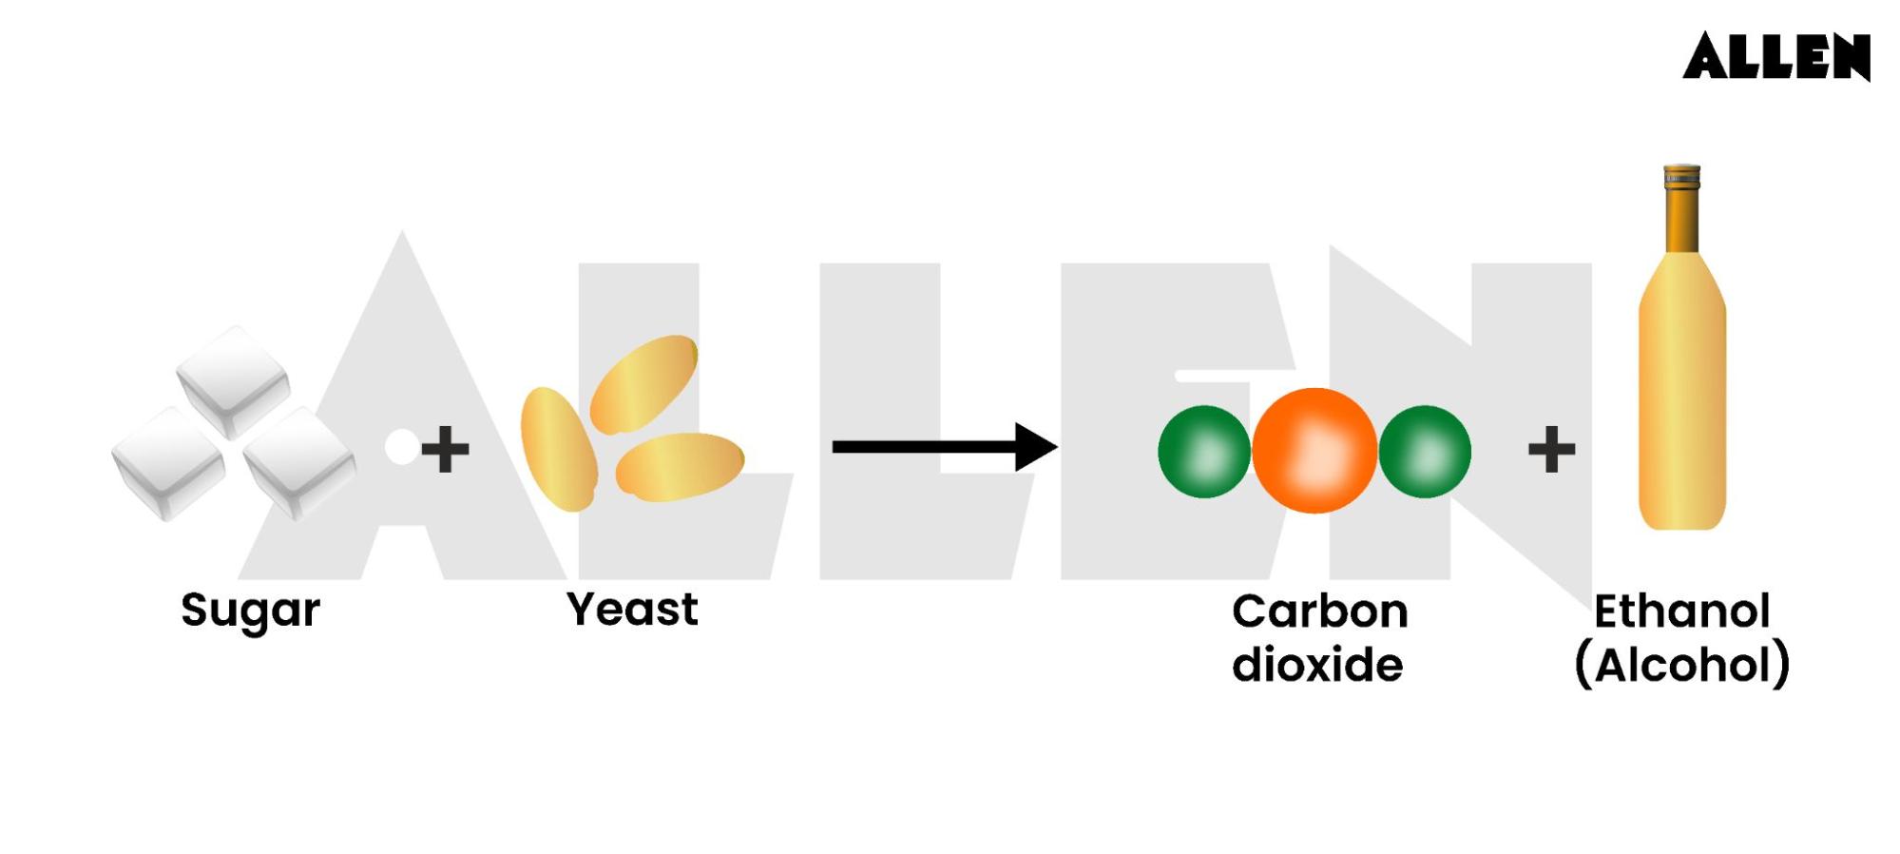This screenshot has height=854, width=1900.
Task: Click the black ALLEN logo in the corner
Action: [1775, 56]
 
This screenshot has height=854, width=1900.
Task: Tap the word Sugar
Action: [250, 610]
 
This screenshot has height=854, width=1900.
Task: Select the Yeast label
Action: [632, 609]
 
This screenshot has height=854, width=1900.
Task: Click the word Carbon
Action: [1319, 611]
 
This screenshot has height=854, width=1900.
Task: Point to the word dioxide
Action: [1317, 664]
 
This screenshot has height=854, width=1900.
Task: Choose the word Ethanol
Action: [1681, 611]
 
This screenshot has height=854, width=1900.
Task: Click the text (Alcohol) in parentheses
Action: [1681, 664]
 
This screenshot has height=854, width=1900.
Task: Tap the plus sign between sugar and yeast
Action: [445, 449]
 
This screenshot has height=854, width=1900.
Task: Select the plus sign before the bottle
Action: [1551, 449]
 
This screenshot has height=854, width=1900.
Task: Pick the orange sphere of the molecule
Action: [1315, 451]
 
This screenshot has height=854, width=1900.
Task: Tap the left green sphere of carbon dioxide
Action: [1204, 452]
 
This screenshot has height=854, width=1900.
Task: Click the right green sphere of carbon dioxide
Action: [1425, 452]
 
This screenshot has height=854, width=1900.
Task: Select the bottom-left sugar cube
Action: [169, 463]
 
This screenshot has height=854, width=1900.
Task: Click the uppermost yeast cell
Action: [643, 382]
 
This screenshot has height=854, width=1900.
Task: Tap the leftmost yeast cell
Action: [558, 449]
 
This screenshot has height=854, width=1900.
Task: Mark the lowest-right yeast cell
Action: [680, 466]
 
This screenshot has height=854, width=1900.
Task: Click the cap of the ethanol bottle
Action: [1681, 178]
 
